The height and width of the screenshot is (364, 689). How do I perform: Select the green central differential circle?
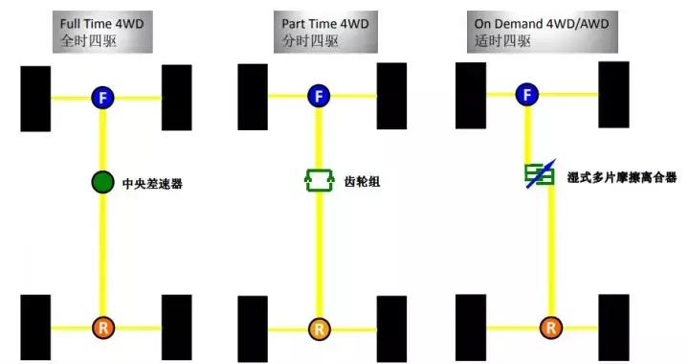[x=102, y=181]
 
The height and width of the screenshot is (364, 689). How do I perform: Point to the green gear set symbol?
[x=318, y=179]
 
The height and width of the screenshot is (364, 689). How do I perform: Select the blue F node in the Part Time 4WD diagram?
[x=319, y=96]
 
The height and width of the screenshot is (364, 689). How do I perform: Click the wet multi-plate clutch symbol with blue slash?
[x=536, y=174]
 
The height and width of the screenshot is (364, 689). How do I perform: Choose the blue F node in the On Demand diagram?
[x=526, y=93]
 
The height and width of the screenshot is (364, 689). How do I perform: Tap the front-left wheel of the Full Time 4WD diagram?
[x=34, y=97]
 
